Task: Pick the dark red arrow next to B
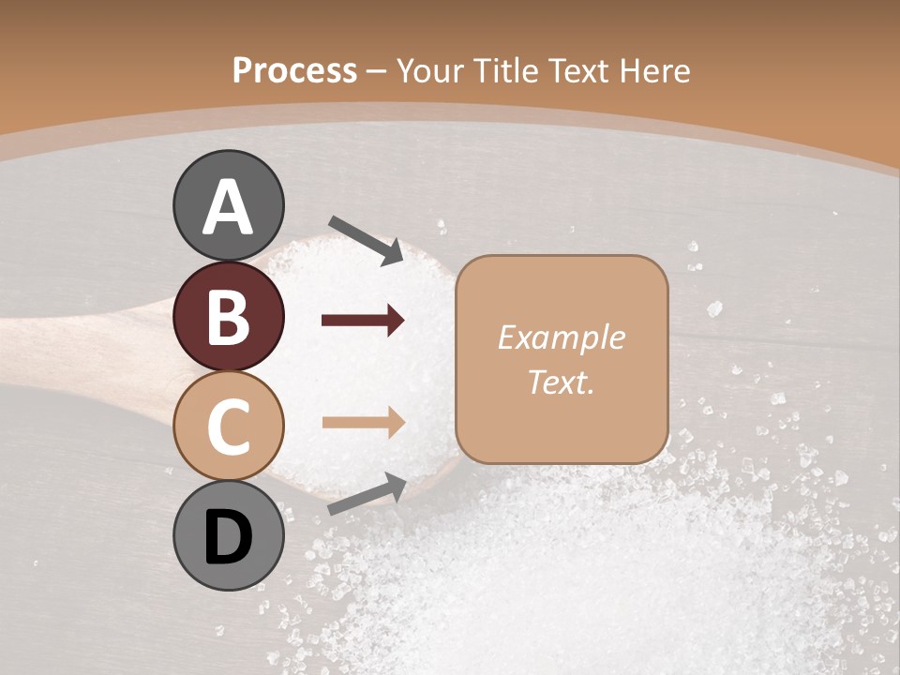click(x=363, y=321)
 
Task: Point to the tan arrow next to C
click(x=363, y=423)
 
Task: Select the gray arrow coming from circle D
click(x=367, y=494)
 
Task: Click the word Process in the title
click(x=294, y=70)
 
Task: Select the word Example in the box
click(x=561, y=337)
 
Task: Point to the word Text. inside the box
click(x=561, y=382)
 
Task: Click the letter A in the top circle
click(x=229, y=207)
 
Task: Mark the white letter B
click(x=229, y=317)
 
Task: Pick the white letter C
click(x=229, y=425)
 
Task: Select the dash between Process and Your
click(x=377, y=72)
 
